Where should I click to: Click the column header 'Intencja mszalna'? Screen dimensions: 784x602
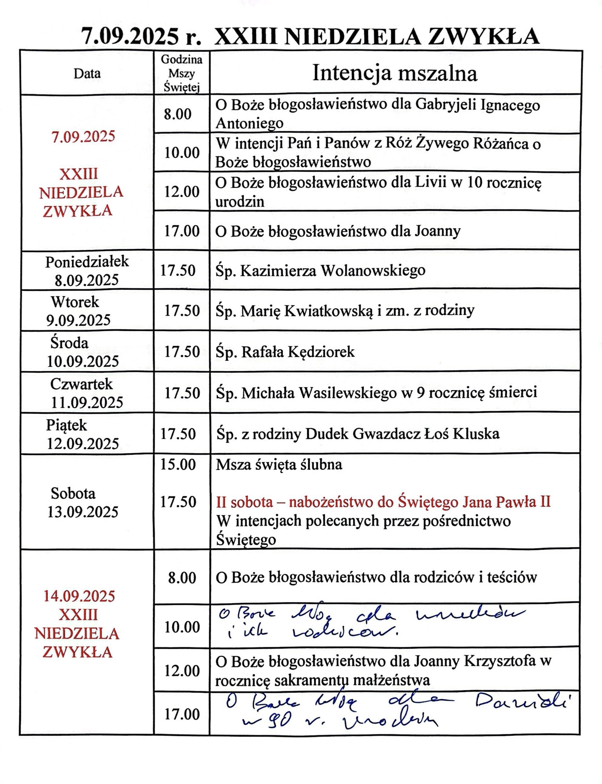(394, 73)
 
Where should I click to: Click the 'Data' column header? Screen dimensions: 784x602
(87, 73)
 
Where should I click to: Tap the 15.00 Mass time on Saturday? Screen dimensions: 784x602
(178, 465)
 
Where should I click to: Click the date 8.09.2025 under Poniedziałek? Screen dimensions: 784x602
(87, 280)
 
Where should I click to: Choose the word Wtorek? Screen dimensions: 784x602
(74, 302)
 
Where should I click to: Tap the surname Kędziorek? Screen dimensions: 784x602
(321, 352)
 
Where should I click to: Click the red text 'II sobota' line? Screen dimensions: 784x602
(383, 502)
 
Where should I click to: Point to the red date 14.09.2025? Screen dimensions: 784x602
(79, 596)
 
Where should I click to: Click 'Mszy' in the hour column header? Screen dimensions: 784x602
(181, 73)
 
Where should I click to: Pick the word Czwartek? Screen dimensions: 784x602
(81, 384)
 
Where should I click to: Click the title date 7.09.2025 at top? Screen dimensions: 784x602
(129, 36)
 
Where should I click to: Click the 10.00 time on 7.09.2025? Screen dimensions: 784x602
(182, 152)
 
